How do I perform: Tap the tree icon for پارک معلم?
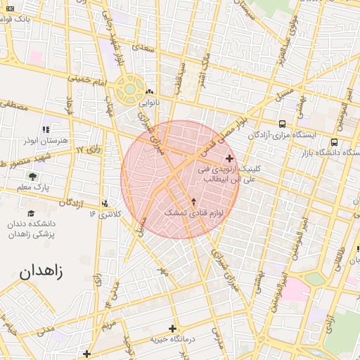coord(32,176)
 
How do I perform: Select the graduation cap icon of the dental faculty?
coord(31,213)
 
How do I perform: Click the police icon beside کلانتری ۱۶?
coord(105,203)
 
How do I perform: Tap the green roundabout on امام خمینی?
coord(130,89)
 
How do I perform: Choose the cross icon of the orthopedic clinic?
coord(229,158)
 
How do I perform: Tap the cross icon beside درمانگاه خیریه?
coord(172,328)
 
